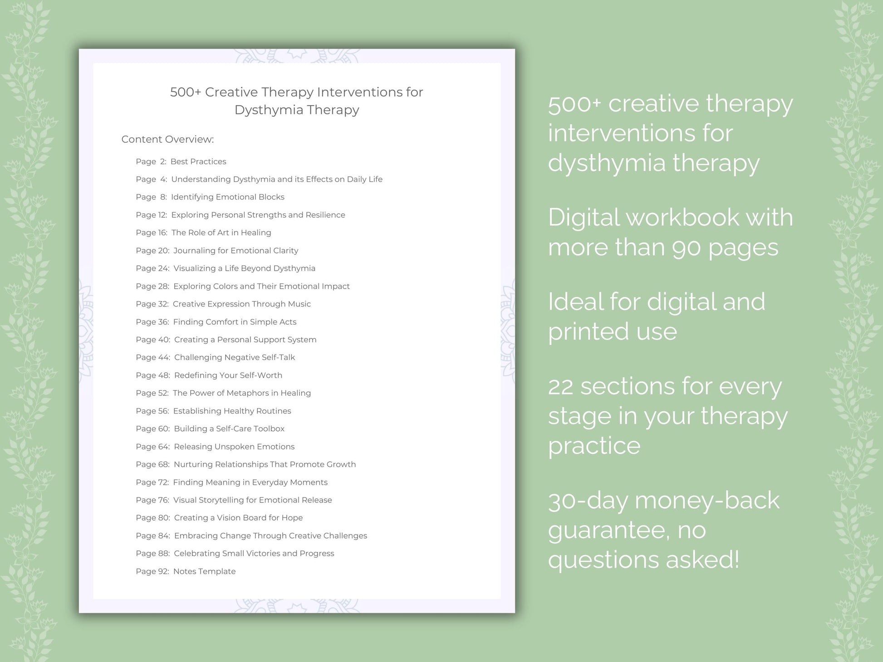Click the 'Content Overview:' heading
(167, 139)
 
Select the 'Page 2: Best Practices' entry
(181, 161)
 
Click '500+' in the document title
(185, 92)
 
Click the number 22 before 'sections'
(561, 387)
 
